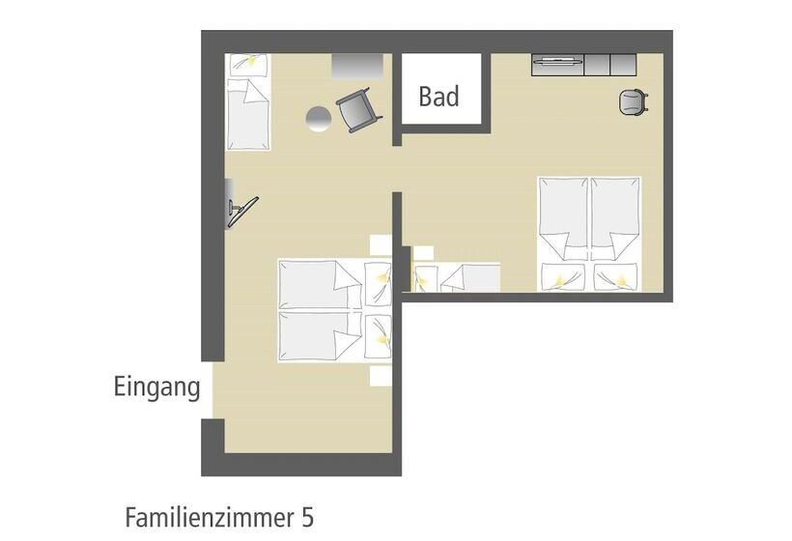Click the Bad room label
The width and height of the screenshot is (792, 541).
pos(438,97)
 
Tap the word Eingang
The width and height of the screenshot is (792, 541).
pos(157,388)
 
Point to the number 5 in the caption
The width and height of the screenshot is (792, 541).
pos(308,516)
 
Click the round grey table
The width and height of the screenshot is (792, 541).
pos(319,118)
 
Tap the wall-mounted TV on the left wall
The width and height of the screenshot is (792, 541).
pos(238,208)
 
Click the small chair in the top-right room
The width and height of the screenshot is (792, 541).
pos(632,101)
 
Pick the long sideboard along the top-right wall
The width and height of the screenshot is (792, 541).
pos(583,65)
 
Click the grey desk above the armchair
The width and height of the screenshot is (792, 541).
pos(357,65)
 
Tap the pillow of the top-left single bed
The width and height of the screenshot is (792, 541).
pos(247,64)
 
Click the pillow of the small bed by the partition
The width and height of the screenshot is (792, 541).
pos(426,278)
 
